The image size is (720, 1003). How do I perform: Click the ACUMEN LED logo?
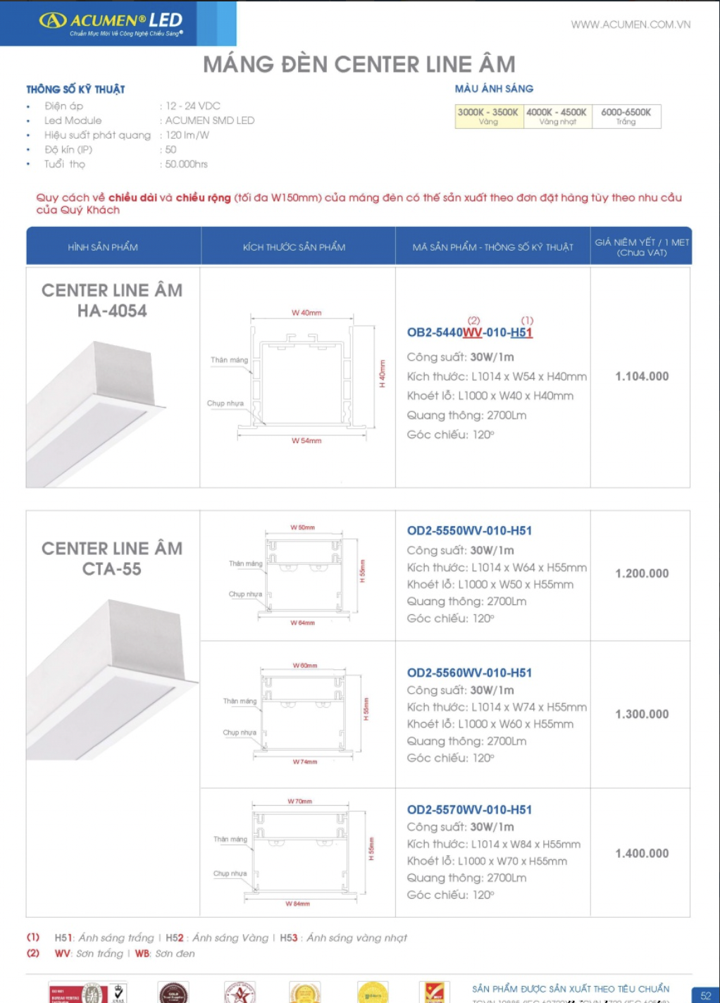[x=111, y=23]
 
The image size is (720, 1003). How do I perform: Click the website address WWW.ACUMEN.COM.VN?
[x=631, y=25]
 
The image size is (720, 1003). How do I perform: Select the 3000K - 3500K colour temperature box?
[x=488, y=116]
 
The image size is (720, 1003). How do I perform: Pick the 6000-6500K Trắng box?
[x=626, y=116]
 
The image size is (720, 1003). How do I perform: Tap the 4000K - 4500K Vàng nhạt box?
[x=557, y=116]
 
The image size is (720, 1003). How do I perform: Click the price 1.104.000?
[x=642, y=376]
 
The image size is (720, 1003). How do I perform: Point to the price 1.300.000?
[x=642, y=714]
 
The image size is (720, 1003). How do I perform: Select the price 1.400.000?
[x=642, y=854]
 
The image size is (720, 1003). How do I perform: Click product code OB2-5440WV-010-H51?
[x=469, y=332]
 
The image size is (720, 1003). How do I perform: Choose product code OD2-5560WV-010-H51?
[x=469, y=673]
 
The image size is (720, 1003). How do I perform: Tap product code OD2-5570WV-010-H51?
[x=469, y=810]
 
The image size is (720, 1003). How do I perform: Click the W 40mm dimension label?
[x=306, y=313]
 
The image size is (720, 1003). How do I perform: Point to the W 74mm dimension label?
[x=305, y=762]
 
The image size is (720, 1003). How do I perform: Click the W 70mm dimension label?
[x=299, y=802]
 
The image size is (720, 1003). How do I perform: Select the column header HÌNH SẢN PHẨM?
[x=103, y=247]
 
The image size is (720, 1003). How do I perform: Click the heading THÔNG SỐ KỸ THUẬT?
[x=75, y=89]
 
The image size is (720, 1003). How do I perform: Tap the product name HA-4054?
[x=112, y=311]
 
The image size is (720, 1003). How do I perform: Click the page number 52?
[x=705, y=995]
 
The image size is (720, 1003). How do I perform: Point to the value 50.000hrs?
[x=187, y=164]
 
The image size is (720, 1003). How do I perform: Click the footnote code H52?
[x=174, y=937]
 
